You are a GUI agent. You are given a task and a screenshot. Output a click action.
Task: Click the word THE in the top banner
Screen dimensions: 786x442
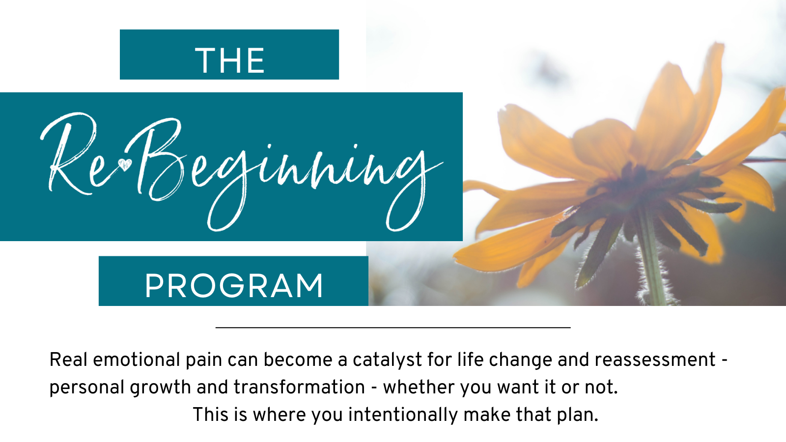pyautogui.click(x=229, y=61)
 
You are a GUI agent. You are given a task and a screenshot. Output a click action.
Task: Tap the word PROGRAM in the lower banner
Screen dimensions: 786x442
pyautogui.click(x=234, y=286)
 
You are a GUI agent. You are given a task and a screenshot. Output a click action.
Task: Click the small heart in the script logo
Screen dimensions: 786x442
pyautogui.click(x=125, y=165)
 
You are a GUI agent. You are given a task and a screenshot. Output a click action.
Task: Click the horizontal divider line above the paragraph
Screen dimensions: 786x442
pyautogui.click(x=393, y=328)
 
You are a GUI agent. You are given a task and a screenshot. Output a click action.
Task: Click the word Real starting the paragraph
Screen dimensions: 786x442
pyautogui.click(x=68, y=360)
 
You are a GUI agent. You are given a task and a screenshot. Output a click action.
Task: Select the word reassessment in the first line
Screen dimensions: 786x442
pyautogui.click(x=655, y=360)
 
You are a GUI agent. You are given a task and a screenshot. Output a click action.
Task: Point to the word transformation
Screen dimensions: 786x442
pyautogui.click(x=299, y=387)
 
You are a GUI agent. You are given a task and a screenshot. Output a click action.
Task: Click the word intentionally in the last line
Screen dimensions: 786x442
pyautogui.click(x=403, y=415)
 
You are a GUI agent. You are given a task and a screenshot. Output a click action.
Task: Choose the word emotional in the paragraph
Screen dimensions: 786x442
pyautogui.click(x=137, y=360)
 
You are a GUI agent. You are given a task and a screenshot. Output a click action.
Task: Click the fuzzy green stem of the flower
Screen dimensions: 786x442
pyautogui.click(x=651, y=260)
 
